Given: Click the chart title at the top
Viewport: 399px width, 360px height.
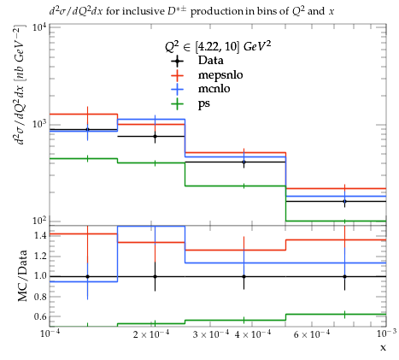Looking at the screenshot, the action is (191, 11).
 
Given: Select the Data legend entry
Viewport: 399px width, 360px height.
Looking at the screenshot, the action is (211, 61).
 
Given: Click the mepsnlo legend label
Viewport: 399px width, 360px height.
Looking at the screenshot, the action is (220, 75).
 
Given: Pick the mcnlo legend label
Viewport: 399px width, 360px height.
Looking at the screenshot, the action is (214, 89).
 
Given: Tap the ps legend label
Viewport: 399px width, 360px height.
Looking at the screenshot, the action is (204, 103).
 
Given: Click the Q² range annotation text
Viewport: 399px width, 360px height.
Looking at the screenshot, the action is (218, 46).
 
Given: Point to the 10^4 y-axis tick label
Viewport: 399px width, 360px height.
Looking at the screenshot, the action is (39, 27).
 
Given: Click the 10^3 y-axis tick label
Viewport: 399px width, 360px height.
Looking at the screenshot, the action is (39, 124).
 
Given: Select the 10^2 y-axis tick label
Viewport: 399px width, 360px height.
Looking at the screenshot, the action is (39, 221).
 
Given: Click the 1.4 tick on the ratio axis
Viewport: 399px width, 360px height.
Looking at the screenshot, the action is (40, 235).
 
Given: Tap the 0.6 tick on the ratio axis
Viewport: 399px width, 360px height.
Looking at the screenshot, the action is (40, 316).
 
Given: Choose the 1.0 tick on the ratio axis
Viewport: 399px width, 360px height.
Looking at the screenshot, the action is (40, 276).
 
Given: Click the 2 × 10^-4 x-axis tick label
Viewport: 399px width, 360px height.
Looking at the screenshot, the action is (151, 334).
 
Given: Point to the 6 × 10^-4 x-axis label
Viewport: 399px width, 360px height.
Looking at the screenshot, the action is (312, 334).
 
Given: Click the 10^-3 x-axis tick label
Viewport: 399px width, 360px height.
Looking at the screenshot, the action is (386, 333).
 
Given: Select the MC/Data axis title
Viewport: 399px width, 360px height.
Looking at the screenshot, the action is (22, 276).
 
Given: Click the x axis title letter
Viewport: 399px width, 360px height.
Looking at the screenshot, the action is (383, 347).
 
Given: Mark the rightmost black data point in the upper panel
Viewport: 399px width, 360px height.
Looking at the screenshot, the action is (345, 201).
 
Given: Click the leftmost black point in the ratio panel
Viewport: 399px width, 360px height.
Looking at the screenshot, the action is (87, 276).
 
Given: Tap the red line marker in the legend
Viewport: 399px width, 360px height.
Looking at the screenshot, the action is (177, 75).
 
